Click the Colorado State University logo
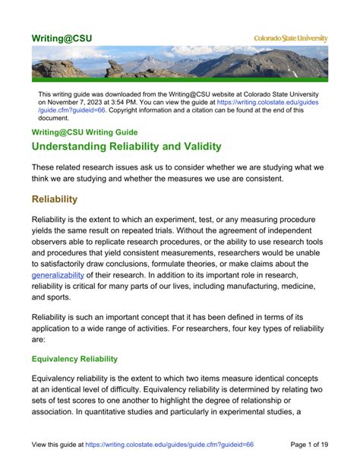tap(290, 38)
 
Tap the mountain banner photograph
tap(180, 62)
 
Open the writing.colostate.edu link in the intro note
tap(273, 101)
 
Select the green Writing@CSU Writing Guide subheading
tap(84, 132)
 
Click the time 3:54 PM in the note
tap(138, 101)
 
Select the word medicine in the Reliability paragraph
tap(312, 287)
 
